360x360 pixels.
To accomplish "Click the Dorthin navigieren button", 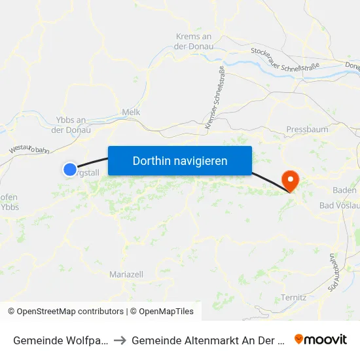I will pyautogui.click(x=179, y=160).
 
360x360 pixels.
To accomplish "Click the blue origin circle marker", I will pyautogui.click(x=70, y=170).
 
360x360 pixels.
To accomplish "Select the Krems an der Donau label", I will pyautogui.click(x=193, y=41).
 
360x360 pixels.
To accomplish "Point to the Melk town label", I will pyautogui.click(x=131, y=113).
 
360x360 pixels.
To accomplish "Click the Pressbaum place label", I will pyautogui.click(x=307, y=130).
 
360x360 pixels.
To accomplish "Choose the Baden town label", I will pyautogui.click(x=344, y=190).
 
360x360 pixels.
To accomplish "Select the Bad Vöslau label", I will pyautogui.click(x=339, y=206).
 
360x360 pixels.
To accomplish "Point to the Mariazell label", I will pyautogui.click(x=126, y=274).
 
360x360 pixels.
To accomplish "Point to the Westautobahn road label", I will pyautogui.click(x=29, y=150).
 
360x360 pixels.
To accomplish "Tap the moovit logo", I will pyautogui.click(x=321, y=340).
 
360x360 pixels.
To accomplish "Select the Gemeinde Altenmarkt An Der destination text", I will pyautogui.click(x=206, y=340).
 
